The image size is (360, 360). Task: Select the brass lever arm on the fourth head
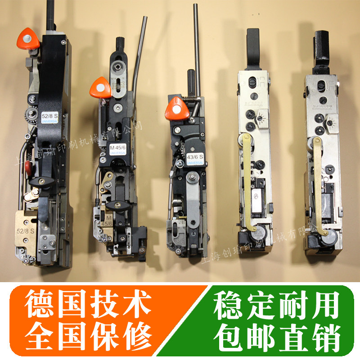(x=247, y=180)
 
